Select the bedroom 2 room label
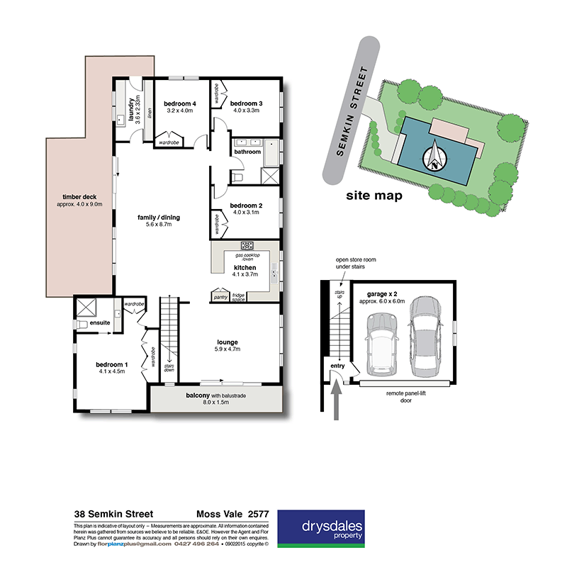click(246, 206)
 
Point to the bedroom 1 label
click(110, 366)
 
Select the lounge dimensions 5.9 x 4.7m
click(229, 348)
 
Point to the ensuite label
click(100, 323)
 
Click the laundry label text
click(131, 110)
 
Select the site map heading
click(374, 196)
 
